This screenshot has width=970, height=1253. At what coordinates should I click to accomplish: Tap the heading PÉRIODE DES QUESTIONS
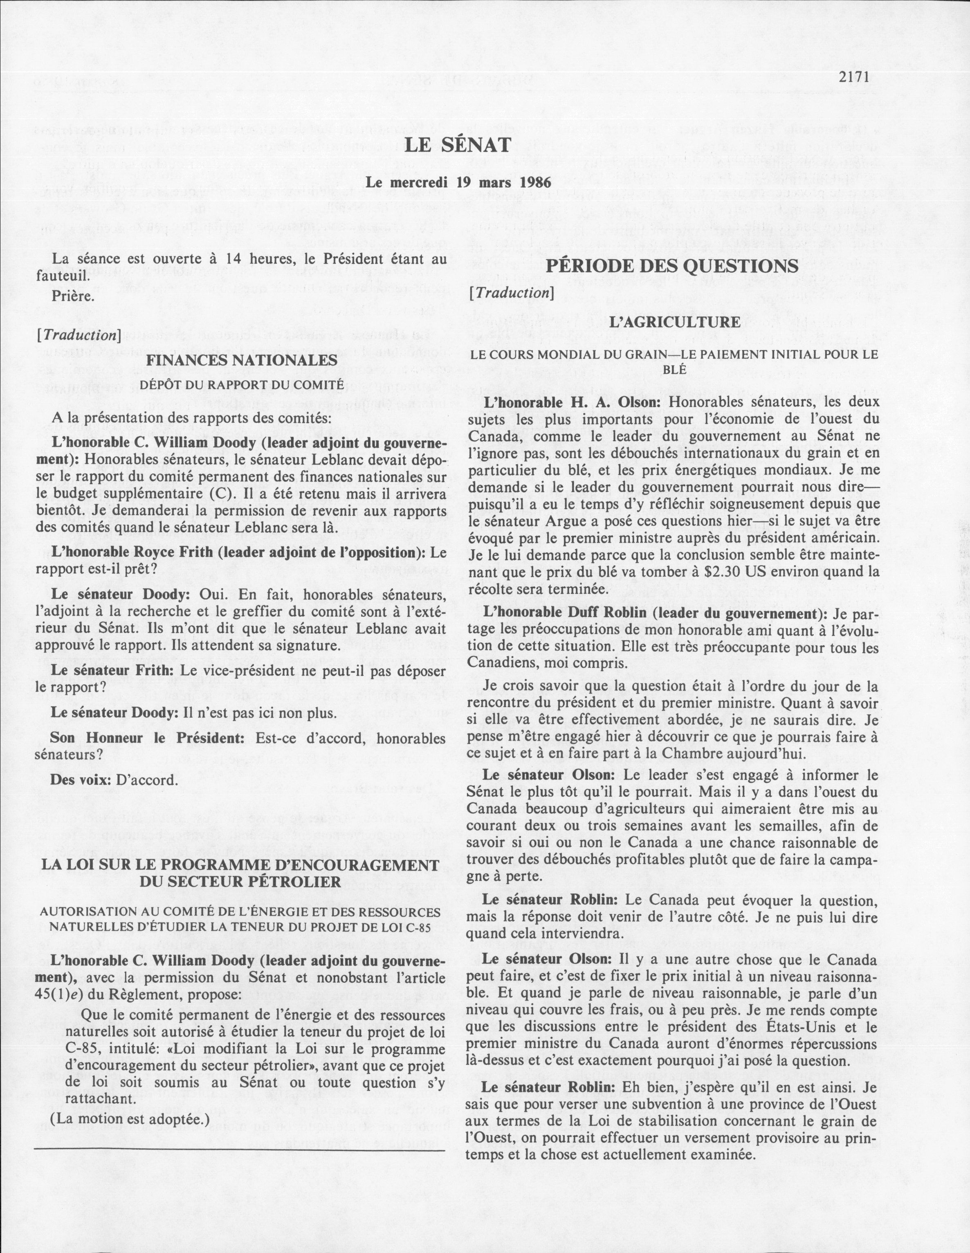pyautogui.click(x=672, y=266)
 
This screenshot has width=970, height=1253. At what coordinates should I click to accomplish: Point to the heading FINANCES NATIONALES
pyautogui.click(x=242, y=360)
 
